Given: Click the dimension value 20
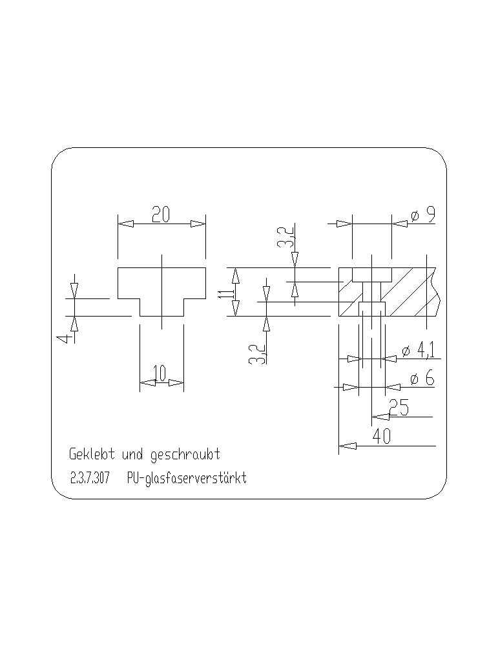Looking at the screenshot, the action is (x=161, y=214).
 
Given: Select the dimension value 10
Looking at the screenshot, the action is (x=159, y=373).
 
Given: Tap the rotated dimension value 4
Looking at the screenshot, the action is (x=64, y=339).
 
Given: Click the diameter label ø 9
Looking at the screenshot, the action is (x=423, y=214).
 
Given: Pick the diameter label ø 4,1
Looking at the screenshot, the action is (x=418, y=350).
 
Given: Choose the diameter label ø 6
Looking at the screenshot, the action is (x=422, y=378).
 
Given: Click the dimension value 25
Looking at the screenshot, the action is (x=399, y=408).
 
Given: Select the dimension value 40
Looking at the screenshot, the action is (x=381, y=437).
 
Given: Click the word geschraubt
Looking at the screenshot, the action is (x=185, y=455).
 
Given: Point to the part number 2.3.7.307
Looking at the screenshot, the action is (x=90, y=478).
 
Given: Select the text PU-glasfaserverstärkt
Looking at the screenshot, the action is (x=187, y=478).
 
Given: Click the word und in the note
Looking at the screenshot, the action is (x=132, y=454).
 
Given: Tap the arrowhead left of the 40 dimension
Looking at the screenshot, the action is (x=348, y=446).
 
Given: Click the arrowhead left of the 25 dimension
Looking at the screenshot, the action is (x=380, y=417).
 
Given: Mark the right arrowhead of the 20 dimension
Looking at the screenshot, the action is (x=197, y=224).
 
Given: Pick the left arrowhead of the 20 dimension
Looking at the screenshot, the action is (x=126, y=224).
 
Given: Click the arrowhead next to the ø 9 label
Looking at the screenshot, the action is (x=400, y=224).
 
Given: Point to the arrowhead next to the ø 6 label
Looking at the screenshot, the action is (x=393, y=387).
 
